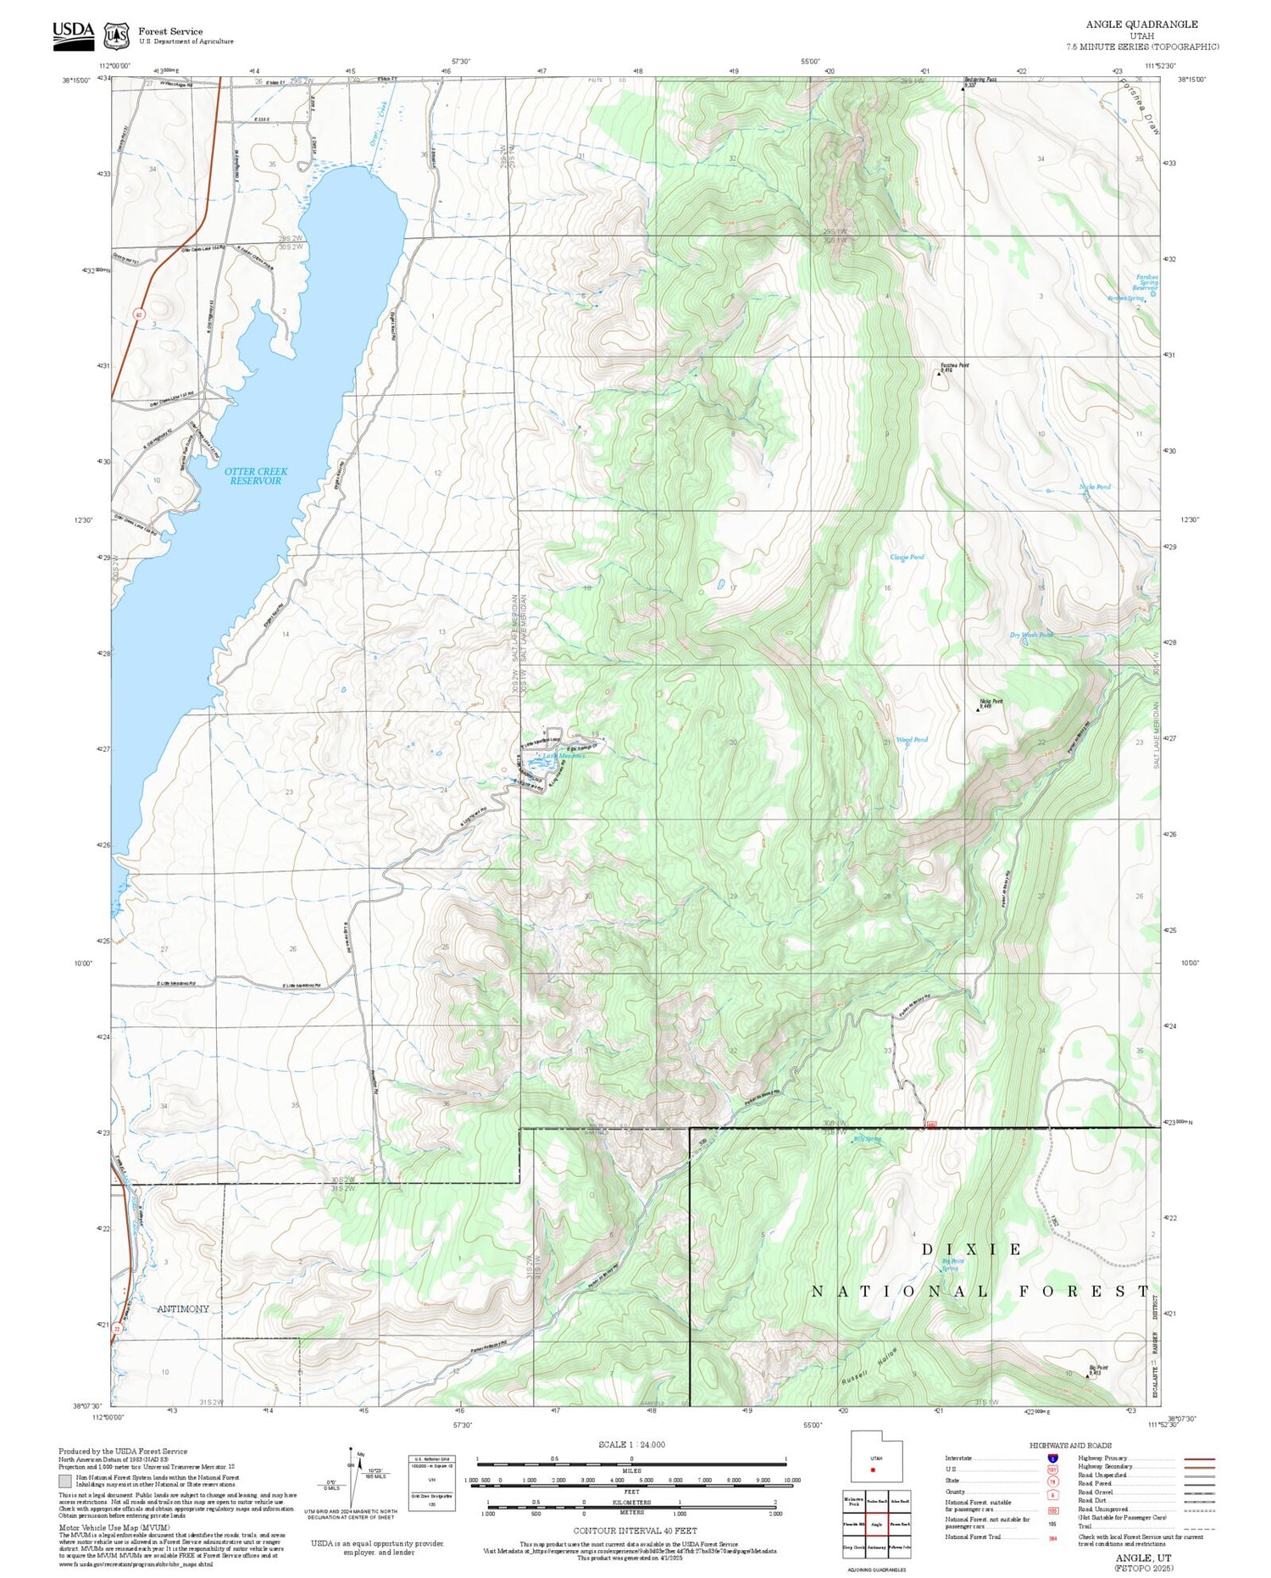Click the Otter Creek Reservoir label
pyautogui.click(x=256, y=475)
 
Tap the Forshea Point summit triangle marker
pyautogui.click(x=939, y=373)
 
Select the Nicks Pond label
pyautogui.click(x=1095, y=486)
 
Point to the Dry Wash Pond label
pyautogui.click(x=1031, y=635)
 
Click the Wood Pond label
pyautogui.click(x=912, y=740)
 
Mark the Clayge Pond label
pyautogui.click(x=907, y=557)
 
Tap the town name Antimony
pyautogui.click(x=183, y=1309)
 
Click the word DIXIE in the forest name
pyautogui.click(x=972, y=1249)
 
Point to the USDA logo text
pyautogui.click(x=73, y=31)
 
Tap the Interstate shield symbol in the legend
pyautogui.click(x=1052, y=1459)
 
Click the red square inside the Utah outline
pyautogui.click(x=872, y=1470)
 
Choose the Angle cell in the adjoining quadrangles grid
pyautogui.click(x=876, y=1524)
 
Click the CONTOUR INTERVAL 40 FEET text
pyautogui.click(x=635, y=1531)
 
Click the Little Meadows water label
pyautogui.click(x=563, y=756)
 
